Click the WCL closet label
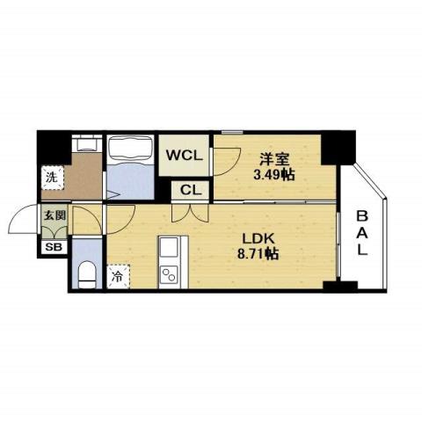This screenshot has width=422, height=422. tap(186, 155)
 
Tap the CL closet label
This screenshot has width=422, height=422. tap(191, 189)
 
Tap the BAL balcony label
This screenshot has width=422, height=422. tap(362, 232)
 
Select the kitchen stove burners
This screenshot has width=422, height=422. tap(169, 250)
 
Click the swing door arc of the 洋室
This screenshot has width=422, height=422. tap(228, 159)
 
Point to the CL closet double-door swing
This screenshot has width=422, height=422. tap(190, 211)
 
